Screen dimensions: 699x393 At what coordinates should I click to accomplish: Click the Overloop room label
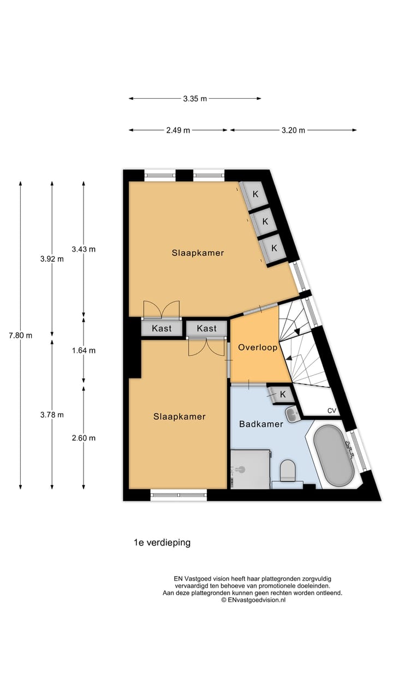coord(258,347)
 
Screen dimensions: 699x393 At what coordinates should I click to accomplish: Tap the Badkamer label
coord(261,424)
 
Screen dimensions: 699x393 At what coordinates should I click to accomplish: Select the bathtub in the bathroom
coord(334,456)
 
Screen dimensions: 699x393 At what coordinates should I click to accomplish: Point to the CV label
coord(332,411)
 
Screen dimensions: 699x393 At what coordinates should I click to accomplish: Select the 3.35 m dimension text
coord(195,99)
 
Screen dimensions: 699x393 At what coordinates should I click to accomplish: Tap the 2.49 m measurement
coord(178,130)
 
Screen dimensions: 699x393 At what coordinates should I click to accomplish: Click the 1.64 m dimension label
coord(84,351)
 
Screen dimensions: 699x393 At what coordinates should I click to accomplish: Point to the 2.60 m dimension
coord(84,438)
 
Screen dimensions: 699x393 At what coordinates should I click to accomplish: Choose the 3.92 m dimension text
coord(52,259)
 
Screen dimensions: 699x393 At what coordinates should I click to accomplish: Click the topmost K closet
coord(254,194)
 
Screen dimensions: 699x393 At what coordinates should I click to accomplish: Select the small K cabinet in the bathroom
coord(282,394)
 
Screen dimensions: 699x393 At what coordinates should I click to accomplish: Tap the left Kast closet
coord(162,328)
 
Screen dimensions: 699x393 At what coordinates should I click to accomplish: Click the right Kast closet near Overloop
coord(206,328)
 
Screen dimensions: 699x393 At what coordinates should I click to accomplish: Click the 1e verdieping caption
coord(162,543)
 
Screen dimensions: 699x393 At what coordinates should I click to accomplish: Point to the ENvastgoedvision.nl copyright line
coord(253,600)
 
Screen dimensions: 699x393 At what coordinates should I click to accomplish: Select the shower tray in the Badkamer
coord(251,469)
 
